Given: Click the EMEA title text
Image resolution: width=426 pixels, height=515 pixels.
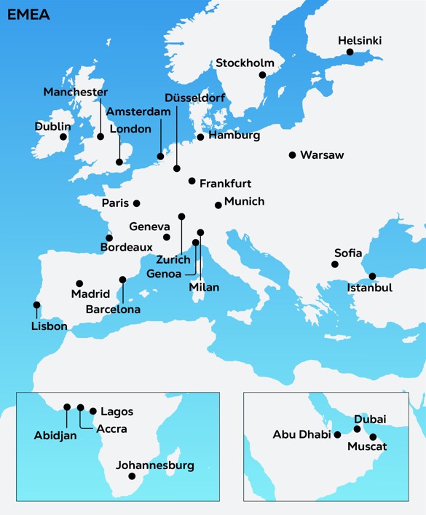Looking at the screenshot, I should pos(29,15).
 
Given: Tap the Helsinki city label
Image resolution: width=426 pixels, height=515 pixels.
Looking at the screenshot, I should pos(360,41).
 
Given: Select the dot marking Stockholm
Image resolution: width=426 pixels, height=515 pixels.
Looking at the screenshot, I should pos(262,74).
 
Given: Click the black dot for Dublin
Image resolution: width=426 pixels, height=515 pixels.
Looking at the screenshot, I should pos(63,136).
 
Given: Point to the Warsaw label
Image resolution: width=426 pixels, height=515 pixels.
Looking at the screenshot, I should pos(322,155).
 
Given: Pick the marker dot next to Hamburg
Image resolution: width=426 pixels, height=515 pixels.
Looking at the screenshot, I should pos(200,136).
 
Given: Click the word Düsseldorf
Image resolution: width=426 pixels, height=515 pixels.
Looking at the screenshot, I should pos(194,98).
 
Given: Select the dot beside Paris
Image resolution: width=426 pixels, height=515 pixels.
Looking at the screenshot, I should pos(136,203).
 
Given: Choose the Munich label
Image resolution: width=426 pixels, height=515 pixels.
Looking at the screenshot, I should pos(244,202).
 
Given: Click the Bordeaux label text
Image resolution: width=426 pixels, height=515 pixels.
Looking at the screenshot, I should pos(126,248).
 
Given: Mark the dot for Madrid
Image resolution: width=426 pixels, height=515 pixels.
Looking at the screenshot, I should pos(79,283).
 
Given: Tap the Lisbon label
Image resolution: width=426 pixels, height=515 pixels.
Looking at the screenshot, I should pos(49,326).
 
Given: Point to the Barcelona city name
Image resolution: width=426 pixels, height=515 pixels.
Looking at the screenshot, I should pos(113,310).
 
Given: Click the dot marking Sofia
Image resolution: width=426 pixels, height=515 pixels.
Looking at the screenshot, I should pos(335,264).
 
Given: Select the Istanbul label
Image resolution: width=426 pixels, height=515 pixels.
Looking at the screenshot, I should pos(370,288).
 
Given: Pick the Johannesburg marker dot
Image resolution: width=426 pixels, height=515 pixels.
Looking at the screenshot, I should pos(132,476).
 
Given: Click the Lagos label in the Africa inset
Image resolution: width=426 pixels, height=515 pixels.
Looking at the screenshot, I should pos(117,412).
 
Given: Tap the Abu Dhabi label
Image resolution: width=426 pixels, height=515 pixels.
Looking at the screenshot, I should pos(301,435).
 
